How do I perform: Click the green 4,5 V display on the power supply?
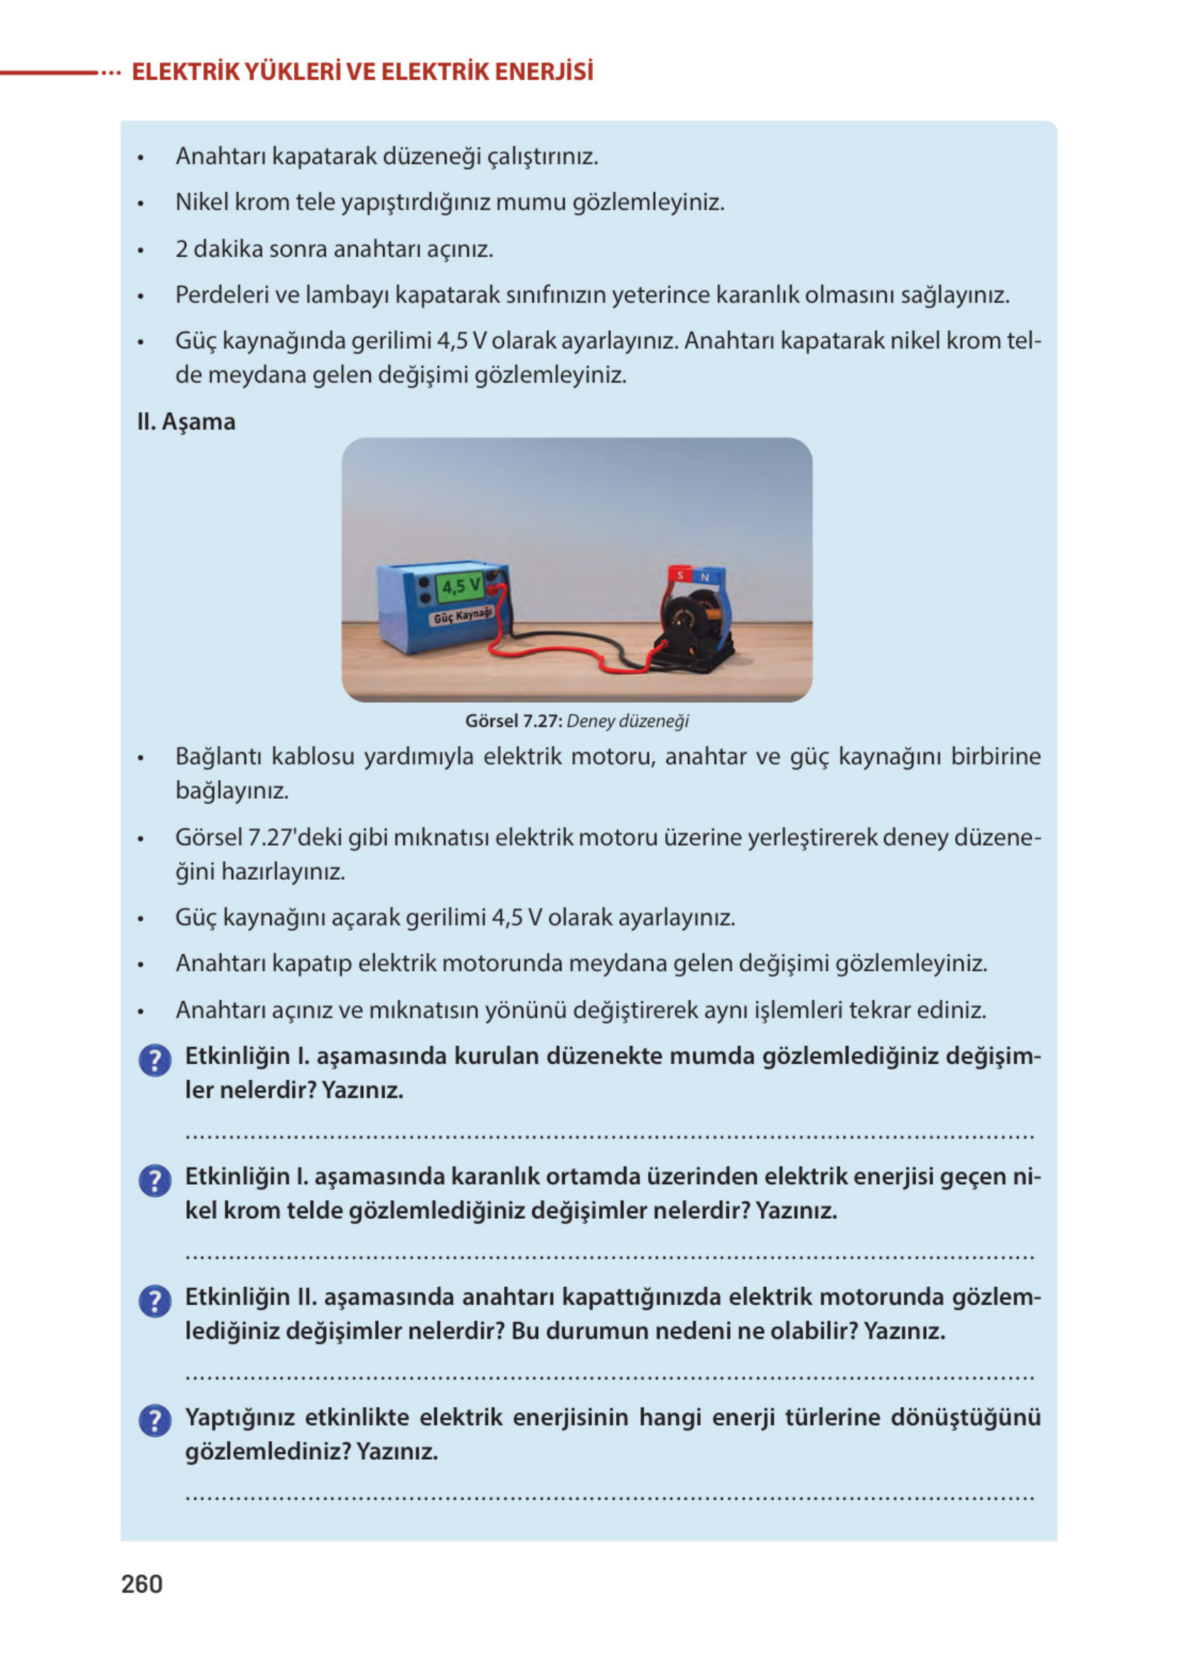tap(461, 586)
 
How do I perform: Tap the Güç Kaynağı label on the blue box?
tap(463, 615)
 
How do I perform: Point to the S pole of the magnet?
tap(680, 575)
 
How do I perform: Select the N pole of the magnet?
tap(704, 577)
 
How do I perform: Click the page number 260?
tap(141, 1584)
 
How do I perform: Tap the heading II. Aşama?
tap(186, 421)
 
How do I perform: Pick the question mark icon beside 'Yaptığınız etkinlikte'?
tap(155, 1421)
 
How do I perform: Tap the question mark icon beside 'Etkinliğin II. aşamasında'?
tap(155, 1300)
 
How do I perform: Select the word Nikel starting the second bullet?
tap(202, 202)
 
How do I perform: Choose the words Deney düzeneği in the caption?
tap(628, 721)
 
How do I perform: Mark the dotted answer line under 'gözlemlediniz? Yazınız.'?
tap(610, 1497)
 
